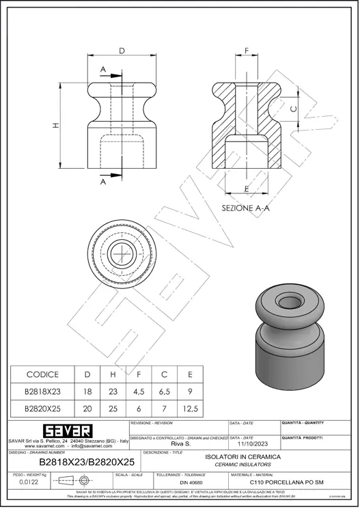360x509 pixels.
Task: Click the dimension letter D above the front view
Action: click(x=122, y=51)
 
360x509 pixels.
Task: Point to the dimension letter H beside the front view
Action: click(x=57, y=124)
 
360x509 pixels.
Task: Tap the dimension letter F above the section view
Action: click(x=247, y=51)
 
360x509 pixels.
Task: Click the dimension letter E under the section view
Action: click(x=245, y=188)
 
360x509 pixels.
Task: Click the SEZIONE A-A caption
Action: click(x=246, y=208)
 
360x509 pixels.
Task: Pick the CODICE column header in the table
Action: click(x=42, y=374)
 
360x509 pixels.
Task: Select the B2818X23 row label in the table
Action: click(x=42, y=391)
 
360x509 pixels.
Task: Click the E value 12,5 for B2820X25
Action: click(x=191, y=409)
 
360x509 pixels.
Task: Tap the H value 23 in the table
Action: click(x=113, y=391)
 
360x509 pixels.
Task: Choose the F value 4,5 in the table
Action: click(x=139, y=391)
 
